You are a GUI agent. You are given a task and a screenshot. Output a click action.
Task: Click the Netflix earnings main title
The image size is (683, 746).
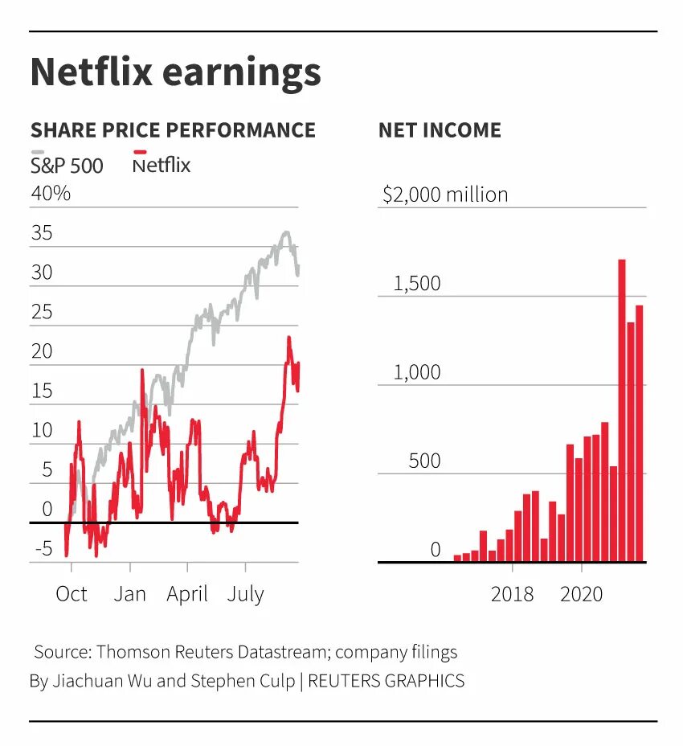pos(175,72)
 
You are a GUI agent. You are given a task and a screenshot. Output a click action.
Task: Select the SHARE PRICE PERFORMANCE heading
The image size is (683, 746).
pos(173,130)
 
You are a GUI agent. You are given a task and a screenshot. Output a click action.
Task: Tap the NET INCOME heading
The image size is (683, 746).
pos(440,130)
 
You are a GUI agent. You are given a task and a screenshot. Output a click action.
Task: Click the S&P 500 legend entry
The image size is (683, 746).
pos(67,166)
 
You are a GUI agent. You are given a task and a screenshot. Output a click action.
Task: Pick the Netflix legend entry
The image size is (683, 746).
pos(162,166)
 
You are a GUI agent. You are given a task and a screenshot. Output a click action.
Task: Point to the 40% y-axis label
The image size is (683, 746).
pos(51,194)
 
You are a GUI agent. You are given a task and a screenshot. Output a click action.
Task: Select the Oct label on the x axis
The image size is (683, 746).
pos(72,594)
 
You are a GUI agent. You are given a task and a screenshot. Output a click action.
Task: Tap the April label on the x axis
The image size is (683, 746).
pos(187,594)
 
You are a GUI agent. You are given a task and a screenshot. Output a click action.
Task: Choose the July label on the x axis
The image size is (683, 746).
pos(245,594)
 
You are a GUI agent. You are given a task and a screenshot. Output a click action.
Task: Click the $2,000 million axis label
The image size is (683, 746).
pos(445,195)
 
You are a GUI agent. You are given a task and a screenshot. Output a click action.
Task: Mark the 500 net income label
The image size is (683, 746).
pos(424,461)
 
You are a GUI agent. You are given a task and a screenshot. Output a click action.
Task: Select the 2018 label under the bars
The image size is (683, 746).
pos(512,594)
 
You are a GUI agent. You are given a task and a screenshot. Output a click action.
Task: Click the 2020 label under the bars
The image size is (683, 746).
pos(581,594)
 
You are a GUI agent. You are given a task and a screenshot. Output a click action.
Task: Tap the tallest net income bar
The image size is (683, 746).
pos(622,410)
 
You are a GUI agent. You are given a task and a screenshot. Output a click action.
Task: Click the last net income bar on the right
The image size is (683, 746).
pos(640,434)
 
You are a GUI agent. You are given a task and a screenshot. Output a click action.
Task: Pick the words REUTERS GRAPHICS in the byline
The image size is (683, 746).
pos(386,681)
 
